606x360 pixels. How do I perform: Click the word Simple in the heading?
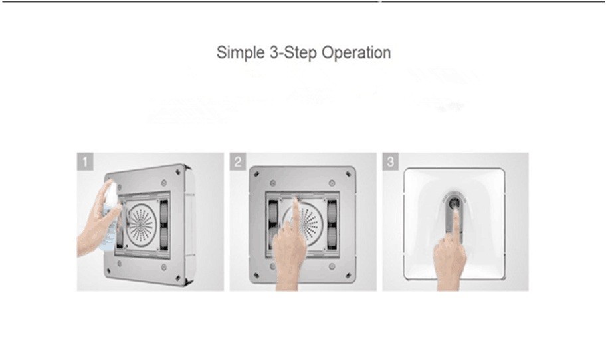[x=241, y=53]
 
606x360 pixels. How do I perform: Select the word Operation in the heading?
[x=356, y=53]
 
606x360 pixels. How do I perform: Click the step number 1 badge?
[x=84, y=161]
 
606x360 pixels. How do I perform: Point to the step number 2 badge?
[x=237, y=161]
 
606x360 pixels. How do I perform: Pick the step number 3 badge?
[x=390, y=161]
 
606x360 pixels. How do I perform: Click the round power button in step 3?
[x=454, y=203]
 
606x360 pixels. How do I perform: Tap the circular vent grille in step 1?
[x=141, y=224]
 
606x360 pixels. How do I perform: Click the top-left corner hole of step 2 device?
[x=256, y=174]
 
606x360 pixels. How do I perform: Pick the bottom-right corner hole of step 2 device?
[x=348, y=276]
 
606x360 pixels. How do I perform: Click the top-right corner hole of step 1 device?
[x=177, y=171]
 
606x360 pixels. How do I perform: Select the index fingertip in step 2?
[x=296, y=200]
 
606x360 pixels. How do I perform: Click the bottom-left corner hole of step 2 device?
[x=256, y=276]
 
